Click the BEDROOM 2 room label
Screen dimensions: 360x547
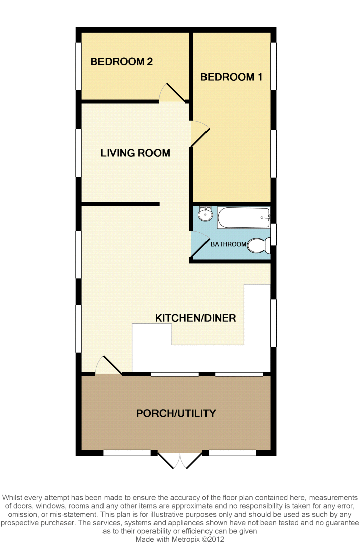tap(122, 62)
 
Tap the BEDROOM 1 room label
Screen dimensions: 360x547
tap(231, 77)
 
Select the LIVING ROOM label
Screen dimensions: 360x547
tap(135, 153)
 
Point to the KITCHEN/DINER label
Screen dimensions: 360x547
tap(195, 318)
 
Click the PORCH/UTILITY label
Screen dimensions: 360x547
tap(176, 413)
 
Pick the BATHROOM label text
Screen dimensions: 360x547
tap(228, 244)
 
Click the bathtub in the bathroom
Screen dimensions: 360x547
tap(244, 217)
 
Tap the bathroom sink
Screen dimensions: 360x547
tap(205, 213)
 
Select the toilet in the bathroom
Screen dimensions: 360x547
tap(259, 245)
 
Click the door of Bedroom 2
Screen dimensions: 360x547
tap(173, 93)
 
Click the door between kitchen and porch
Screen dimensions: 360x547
tap(108, 366)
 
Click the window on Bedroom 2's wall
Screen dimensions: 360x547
tap(79, 66)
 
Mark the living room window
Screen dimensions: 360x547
tap(79, 153)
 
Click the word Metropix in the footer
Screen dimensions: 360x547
tap(185, 539)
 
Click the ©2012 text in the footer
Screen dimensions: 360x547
tap(213, 539)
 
